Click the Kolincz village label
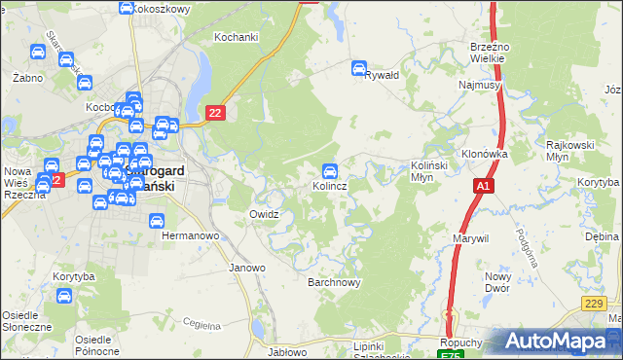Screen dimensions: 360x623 331,185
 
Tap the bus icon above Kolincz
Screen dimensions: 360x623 331,169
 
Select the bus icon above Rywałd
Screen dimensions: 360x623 358,69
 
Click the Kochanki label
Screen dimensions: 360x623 236,37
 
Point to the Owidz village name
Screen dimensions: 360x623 264,214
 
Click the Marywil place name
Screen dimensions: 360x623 471,237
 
